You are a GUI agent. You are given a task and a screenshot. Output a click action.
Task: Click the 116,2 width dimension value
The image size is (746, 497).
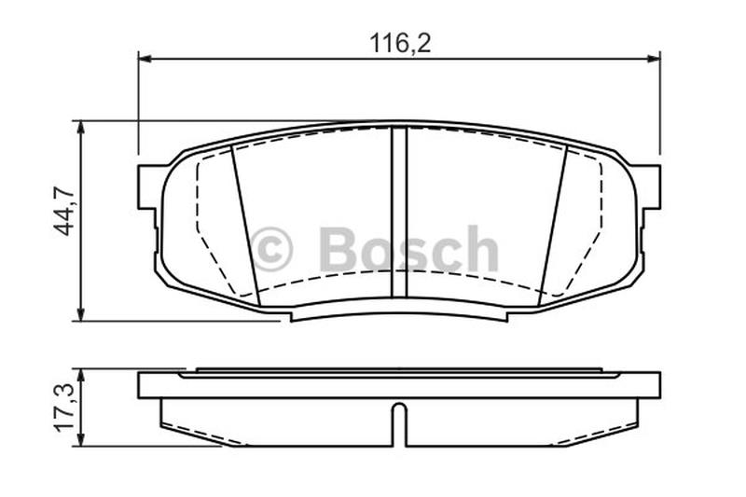401,44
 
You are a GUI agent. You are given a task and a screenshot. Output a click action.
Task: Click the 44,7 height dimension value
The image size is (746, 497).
63,211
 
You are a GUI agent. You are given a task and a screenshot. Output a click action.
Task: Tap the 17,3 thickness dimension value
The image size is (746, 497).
63,407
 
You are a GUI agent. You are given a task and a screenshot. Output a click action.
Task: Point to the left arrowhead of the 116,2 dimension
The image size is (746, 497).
145,59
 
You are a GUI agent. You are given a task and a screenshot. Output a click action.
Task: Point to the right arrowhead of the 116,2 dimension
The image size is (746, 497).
655,59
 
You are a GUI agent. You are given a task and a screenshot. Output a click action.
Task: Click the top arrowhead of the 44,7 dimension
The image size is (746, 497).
81,127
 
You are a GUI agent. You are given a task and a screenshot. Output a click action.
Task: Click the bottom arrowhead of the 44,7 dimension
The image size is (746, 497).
81,314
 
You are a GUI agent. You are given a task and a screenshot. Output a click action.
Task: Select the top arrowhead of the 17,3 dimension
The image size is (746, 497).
81,375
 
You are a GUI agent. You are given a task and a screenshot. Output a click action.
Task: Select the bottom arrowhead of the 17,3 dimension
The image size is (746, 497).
81,440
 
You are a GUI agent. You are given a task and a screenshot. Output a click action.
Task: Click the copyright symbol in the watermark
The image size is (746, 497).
271,249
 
